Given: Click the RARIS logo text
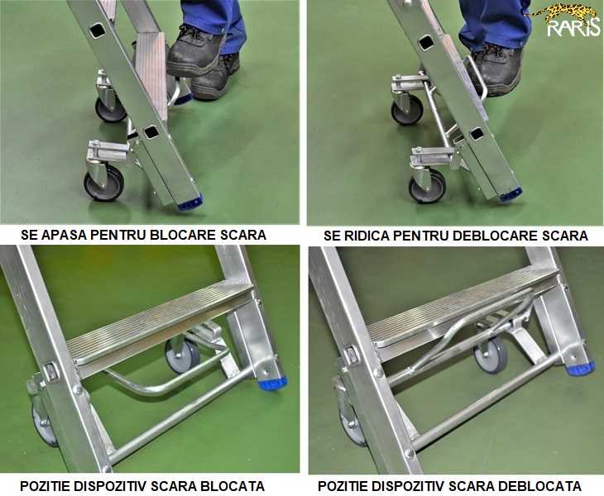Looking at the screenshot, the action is pos(573,28).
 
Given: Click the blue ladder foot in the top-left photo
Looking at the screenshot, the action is pos(190,203).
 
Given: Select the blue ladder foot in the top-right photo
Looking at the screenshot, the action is pos(511,195).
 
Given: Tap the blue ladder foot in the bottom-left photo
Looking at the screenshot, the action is pos(273,384).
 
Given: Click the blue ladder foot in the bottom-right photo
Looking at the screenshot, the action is pos(580,369).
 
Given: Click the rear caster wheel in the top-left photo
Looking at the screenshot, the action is pos(110,111).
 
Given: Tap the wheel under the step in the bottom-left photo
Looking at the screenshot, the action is pos(183,356).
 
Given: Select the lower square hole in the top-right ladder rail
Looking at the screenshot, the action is pos(477,134).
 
